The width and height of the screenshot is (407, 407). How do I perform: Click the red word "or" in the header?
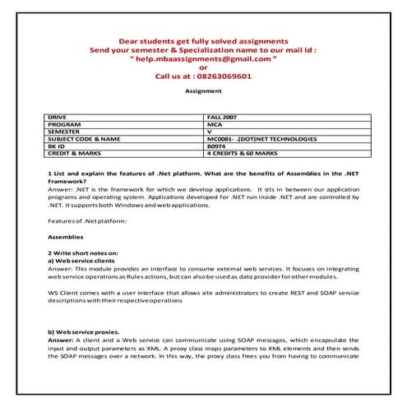[x=204, y=67]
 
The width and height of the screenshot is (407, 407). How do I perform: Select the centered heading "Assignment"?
[x=203, y=91]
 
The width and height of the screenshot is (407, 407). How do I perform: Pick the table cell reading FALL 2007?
[x=224, y=118]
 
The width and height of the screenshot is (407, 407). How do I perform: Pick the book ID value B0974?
[x=218, y=146]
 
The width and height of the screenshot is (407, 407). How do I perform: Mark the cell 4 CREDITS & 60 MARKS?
[x=247, y=152]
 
